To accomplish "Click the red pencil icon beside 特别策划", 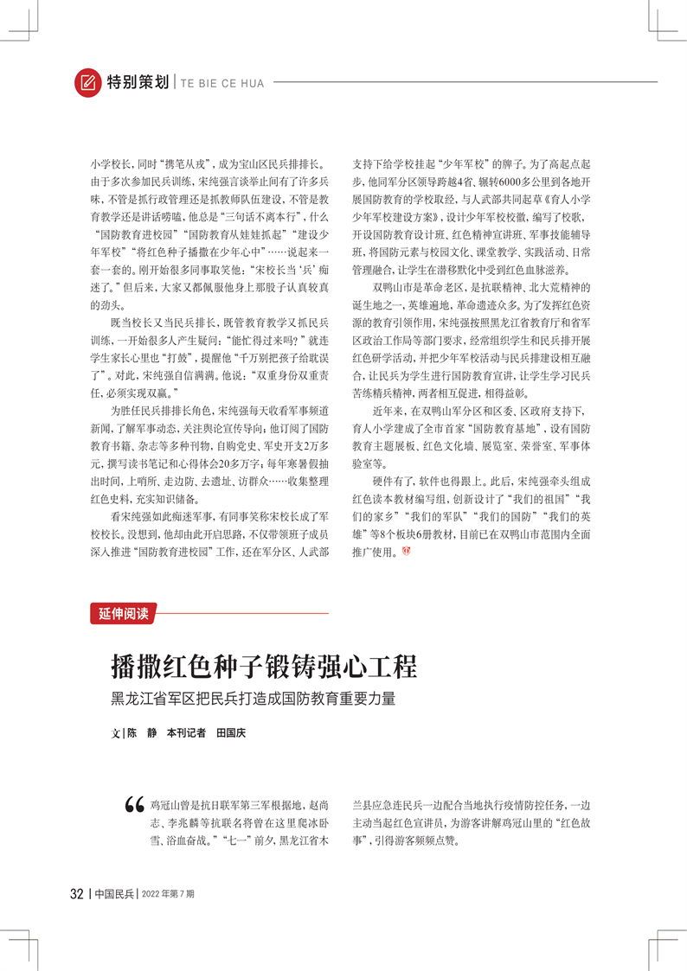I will pyautogui.click(x=87, y=82).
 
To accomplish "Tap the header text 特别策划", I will pyautogui.click(x=138, y=83).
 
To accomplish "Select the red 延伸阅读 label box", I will pyautogui.click(x=123, y=614).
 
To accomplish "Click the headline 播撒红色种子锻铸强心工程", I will pyautogui.click(x=264, y=667).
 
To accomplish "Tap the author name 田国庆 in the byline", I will pyautogui.click(x=231, y=732).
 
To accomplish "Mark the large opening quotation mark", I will pyautogui.click(x=134, y=803).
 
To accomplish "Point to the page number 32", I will pyautogui.click(x=76, y=893).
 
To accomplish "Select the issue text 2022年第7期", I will pyautogui.click(x=168, y=893).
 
